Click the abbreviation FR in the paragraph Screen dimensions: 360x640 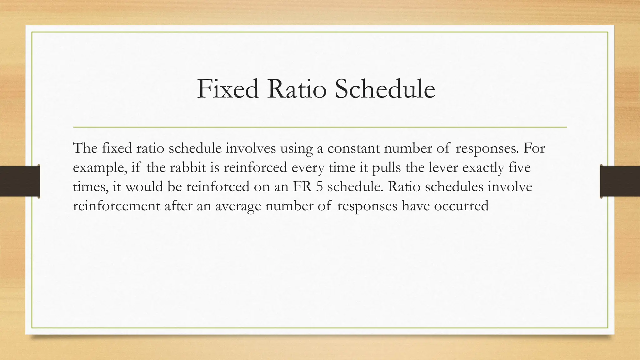302,187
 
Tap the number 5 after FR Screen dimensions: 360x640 319,187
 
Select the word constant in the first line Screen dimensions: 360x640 353,148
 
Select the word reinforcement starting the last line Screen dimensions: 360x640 117,206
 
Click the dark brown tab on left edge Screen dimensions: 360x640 20,181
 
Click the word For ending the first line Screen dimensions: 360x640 534,148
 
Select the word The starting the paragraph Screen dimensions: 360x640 85,148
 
